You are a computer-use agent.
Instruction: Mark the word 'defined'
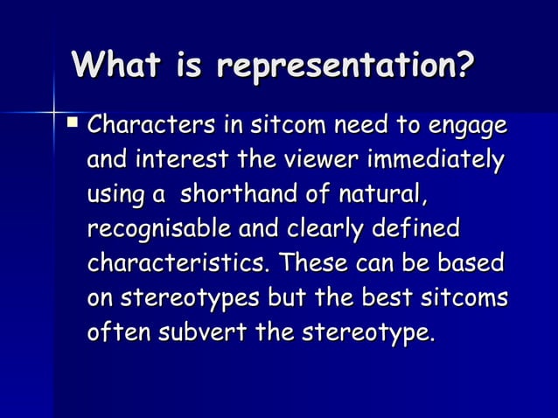[x=416, y=230]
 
